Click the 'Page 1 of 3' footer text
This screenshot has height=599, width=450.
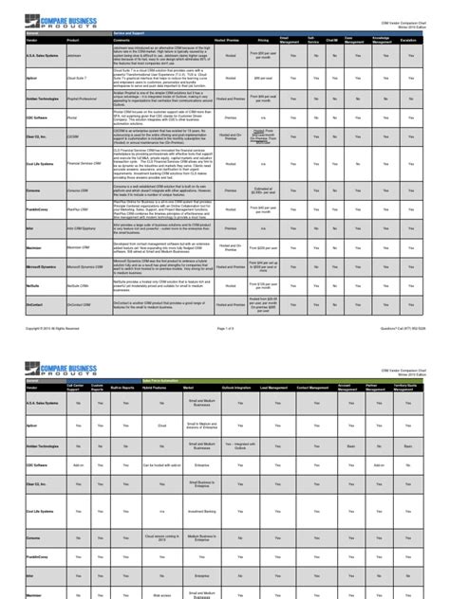click(x=225, y=301)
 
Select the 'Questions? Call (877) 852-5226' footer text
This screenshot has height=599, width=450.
click(x=399, y=301)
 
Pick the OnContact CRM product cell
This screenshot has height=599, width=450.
click(x=81, y=278)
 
